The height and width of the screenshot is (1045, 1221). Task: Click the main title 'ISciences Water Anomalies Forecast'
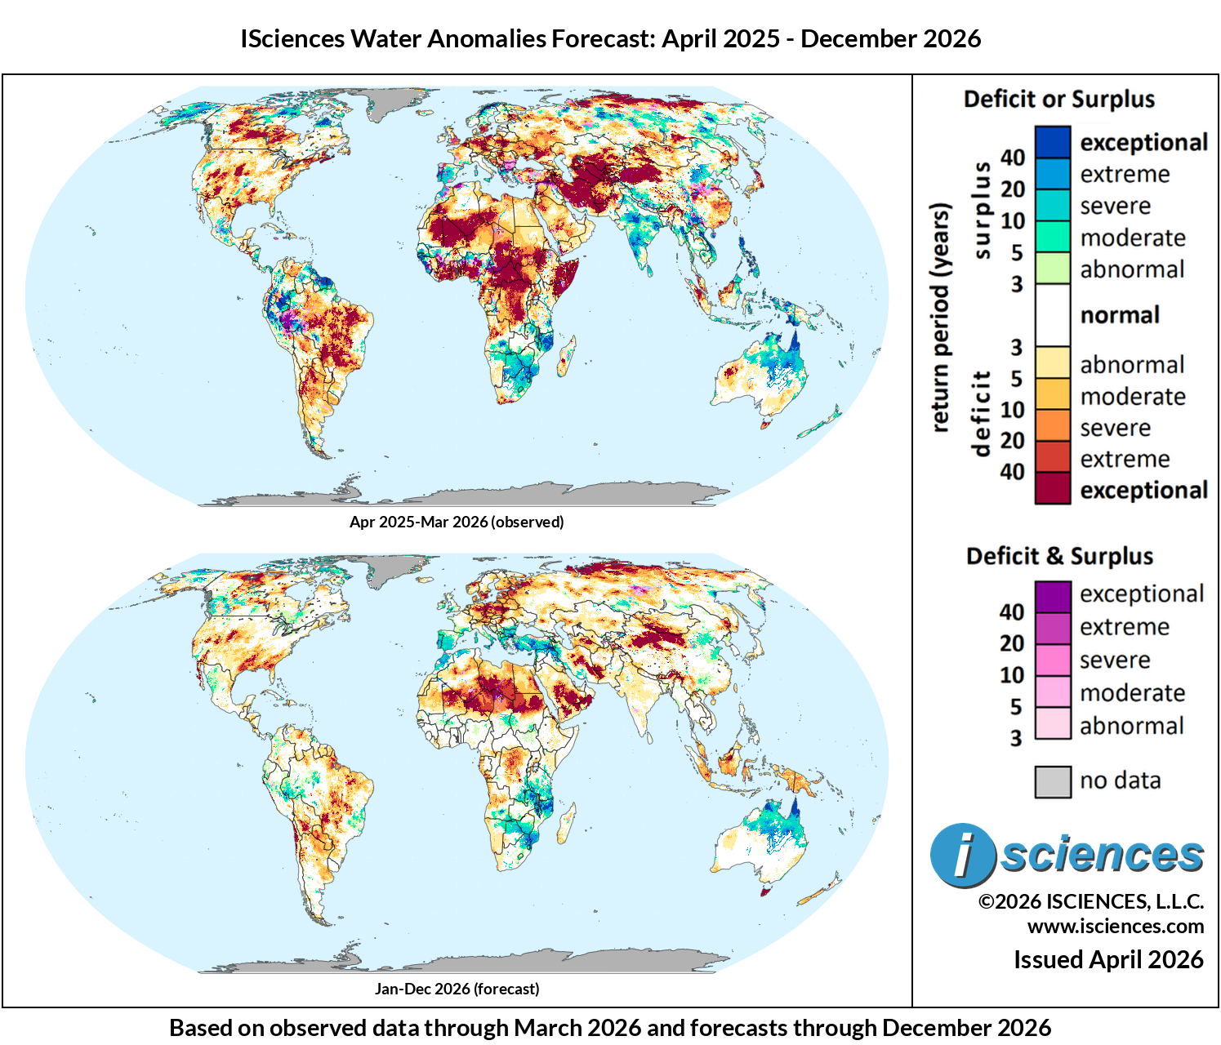click(610, 38)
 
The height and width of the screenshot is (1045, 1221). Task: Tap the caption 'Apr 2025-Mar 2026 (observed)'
click(457, 522)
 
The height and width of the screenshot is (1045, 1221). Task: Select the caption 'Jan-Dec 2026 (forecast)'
click(457, 989)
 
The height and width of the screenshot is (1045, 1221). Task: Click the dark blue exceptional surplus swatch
click(1052, 142)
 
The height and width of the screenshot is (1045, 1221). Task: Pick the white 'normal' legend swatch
click(1052, 315)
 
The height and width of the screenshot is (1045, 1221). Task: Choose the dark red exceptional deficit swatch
click(1052, 489)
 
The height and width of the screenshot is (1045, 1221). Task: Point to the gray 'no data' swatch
click(1052, 781)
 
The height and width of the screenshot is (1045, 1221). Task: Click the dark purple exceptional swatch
click(1052, 595)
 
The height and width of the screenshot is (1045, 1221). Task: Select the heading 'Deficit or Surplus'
click(1059, 100)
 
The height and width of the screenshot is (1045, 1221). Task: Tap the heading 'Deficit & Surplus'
click(1059, 557)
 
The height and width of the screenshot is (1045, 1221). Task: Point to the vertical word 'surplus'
click(983, 211)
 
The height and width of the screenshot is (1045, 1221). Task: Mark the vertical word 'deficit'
click(983, 414)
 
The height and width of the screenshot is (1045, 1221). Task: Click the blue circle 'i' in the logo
click(963, 855)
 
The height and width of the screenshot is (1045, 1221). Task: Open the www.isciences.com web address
click(1115, 927)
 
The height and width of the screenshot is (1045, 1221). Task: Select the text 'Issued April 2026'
click(1108, 959)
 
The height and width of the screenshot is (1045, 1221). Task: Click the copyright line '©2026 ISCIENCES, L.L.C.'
click(1091, 901)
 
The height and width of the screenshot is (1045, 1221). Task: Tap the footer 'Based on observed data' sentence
click(610, 1027)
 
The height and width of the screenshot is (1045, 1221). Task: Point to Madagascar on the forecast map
click(564, 824)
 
